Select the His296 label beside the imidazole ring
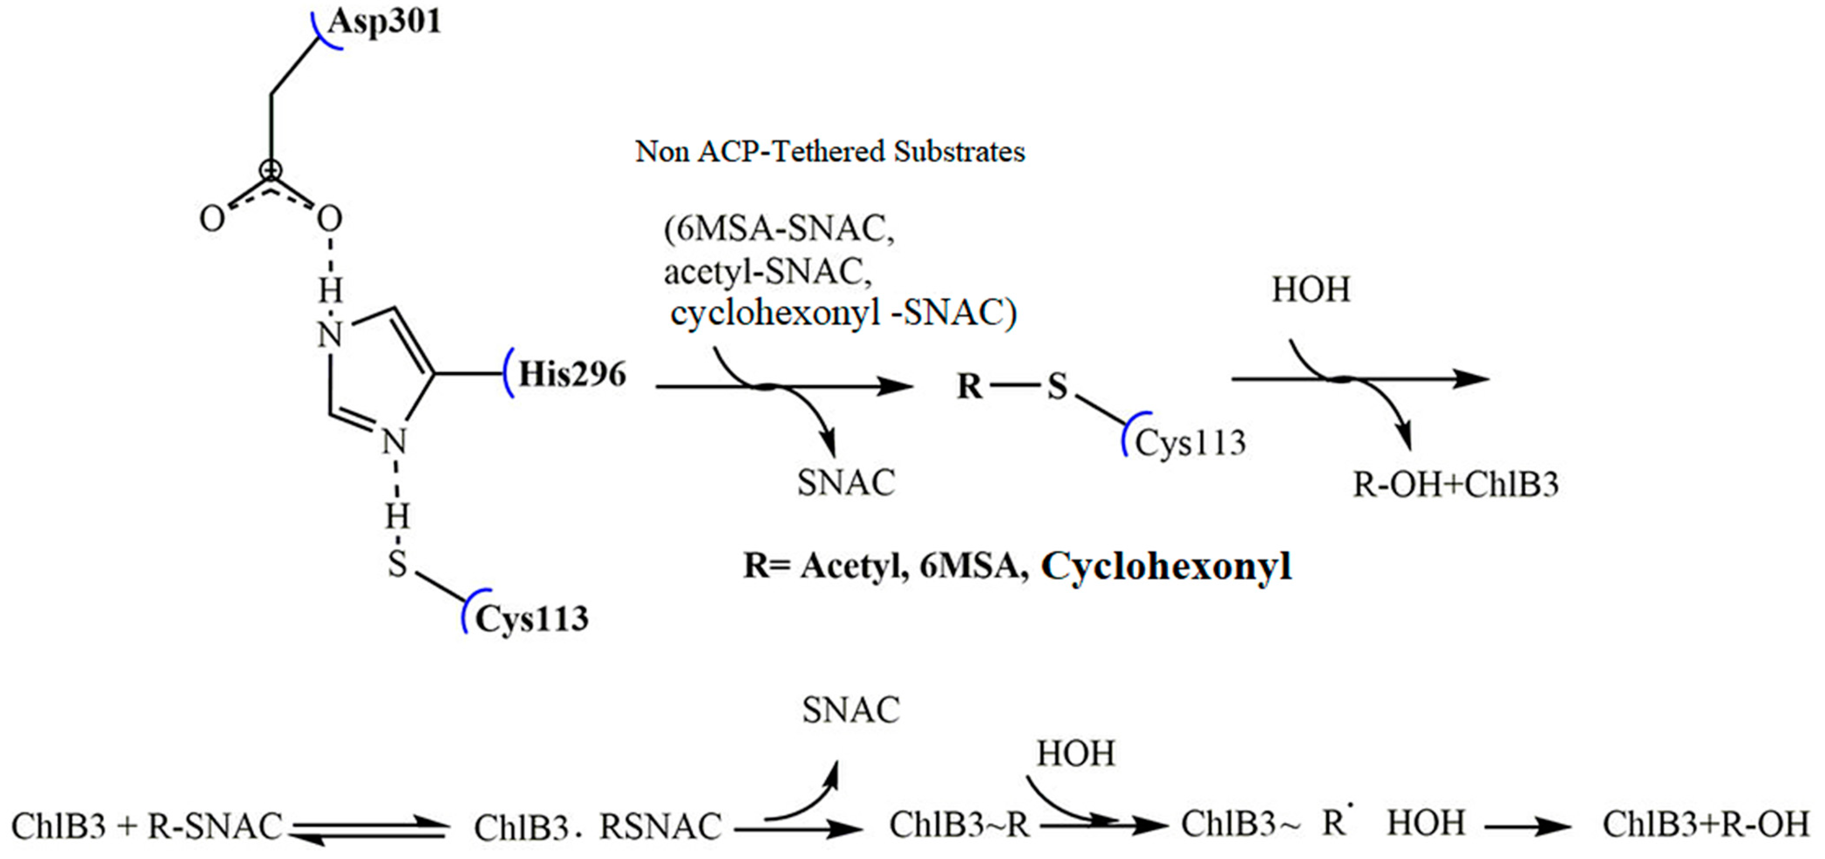pos(572,374)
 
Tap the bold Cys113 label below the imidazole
pos(531,619)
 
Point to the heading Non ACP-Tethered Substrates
pos(829,152)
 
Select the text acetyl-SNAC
pos(767,271)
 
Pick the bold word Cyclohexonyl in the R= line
pos(1166,566)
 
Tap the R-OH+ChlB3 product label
pos(1455,484)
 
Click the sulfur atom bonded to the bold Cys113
pos(398,564)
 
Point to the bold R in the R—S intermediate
pos(970,387)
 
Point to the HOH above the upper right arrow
pos(1311,290)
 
